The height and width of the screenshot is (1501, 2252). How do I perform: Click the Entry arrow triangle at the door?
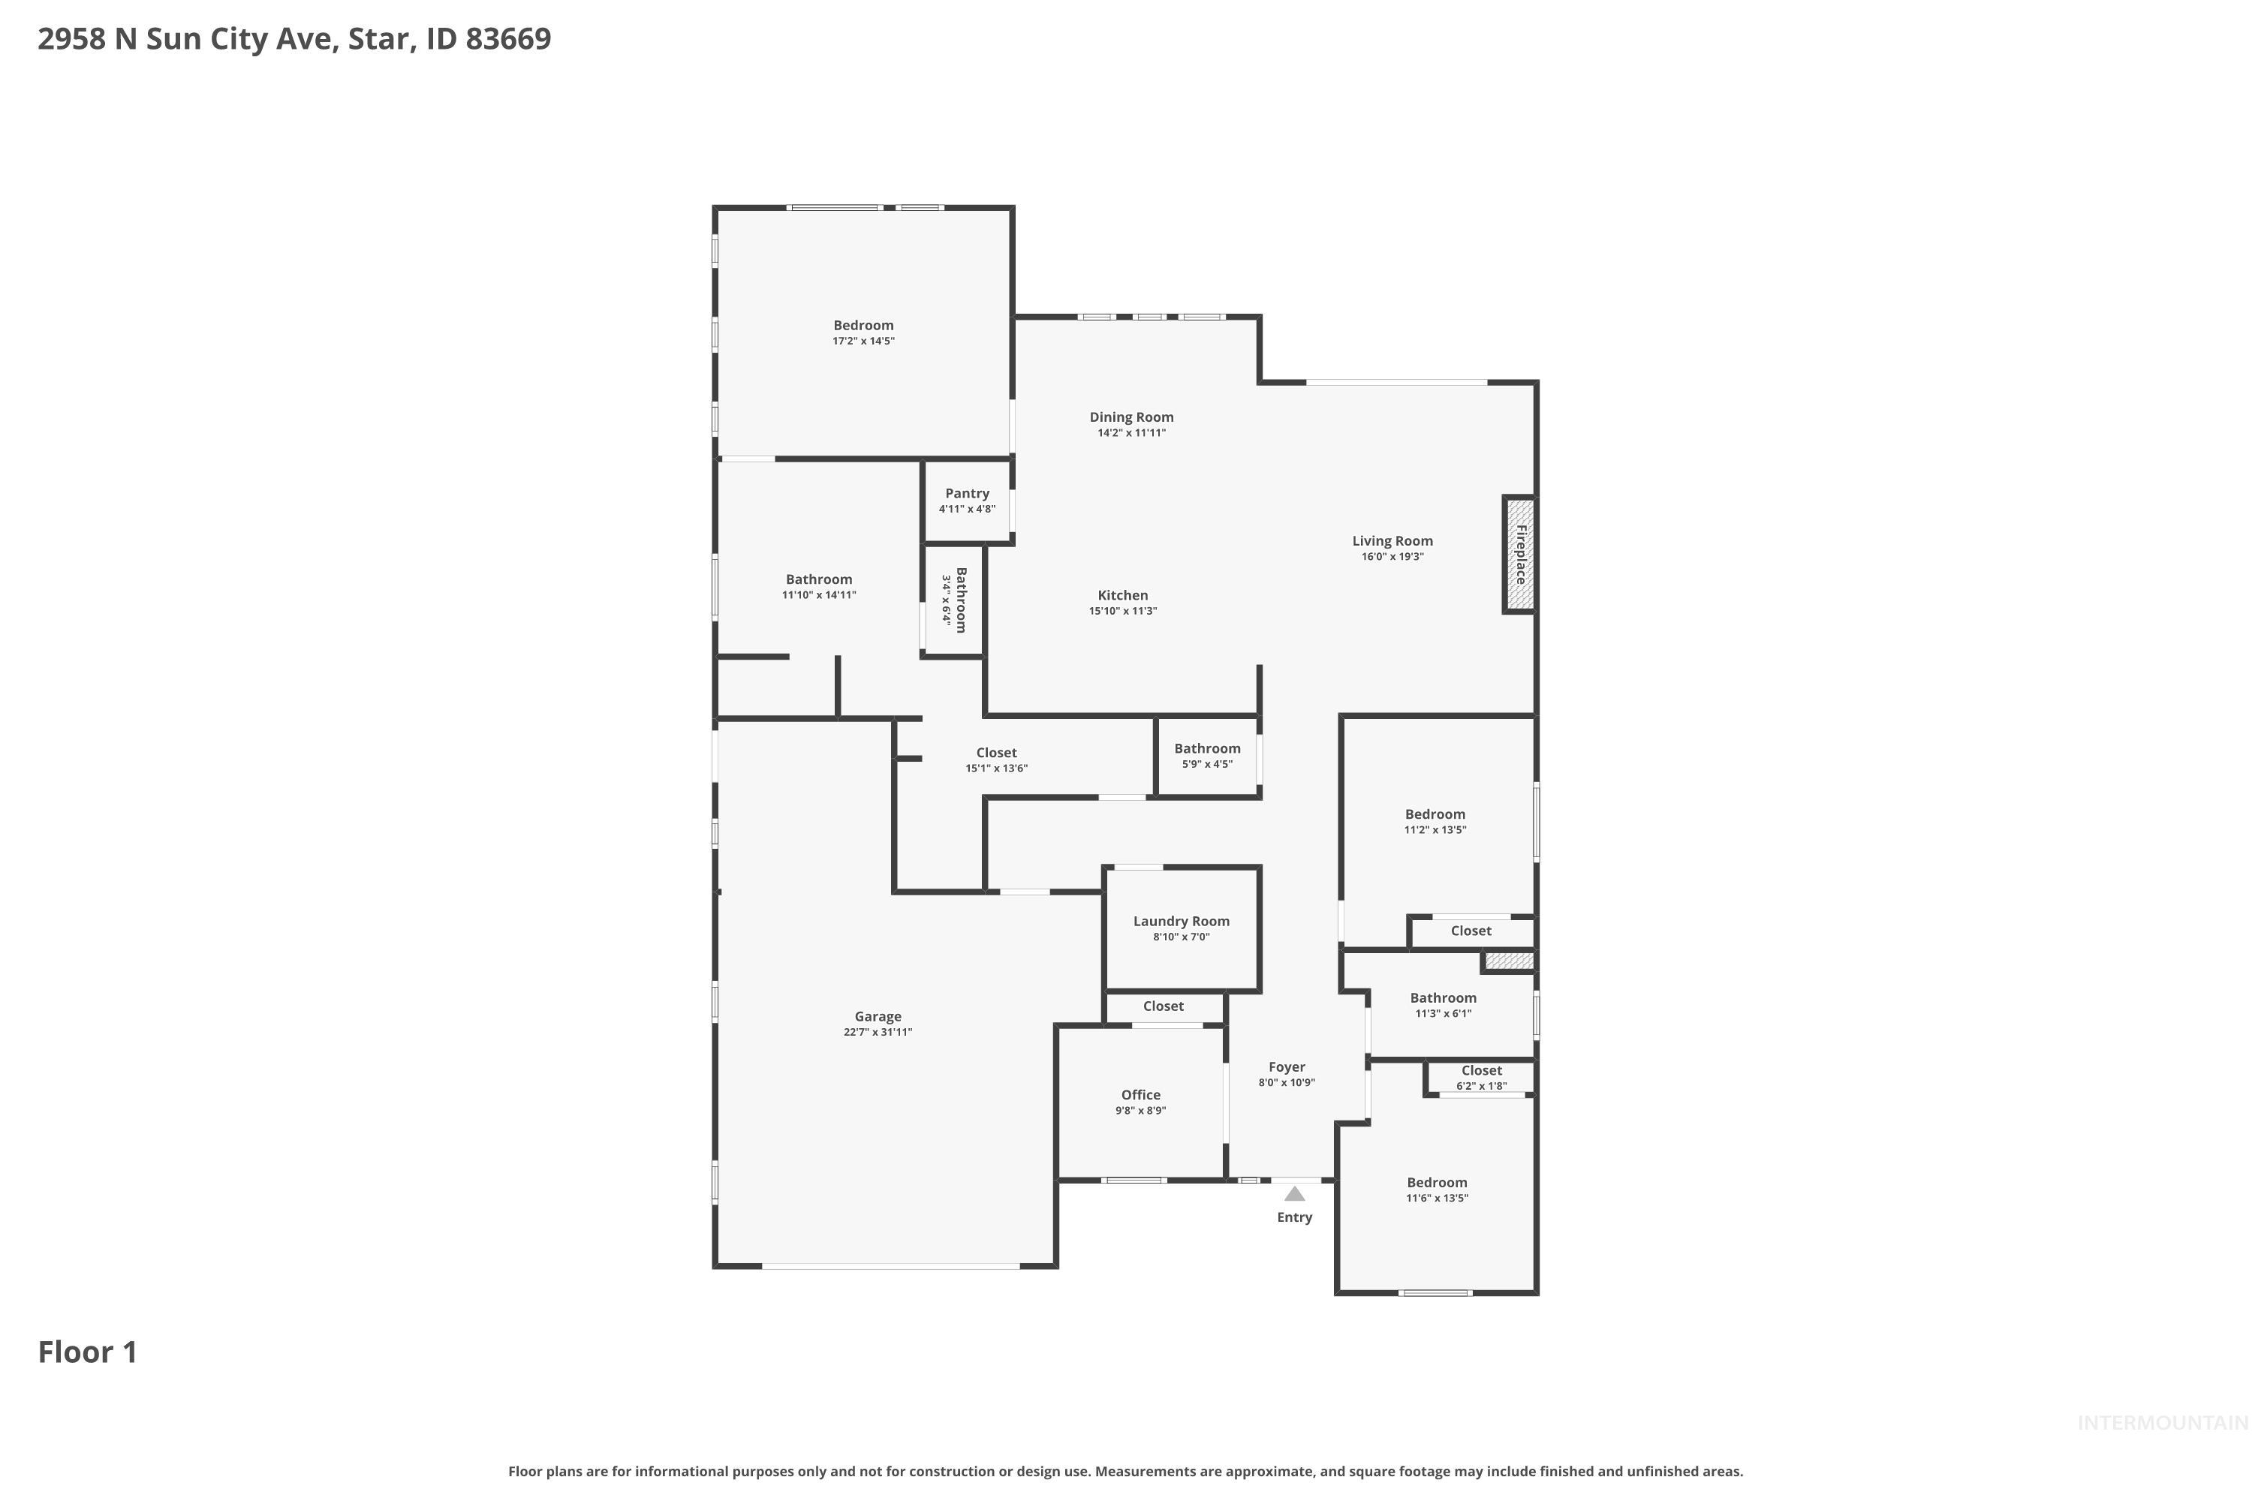tap(1294, 1194)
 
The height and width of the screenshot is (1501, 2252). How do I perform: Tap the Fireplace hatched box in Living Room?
tap(1519, 555)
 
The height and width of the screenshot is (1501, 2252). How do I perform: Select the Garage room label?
tap(878, 1017)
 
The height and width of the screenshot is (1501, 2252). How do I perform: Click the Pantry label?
tap(967, 493)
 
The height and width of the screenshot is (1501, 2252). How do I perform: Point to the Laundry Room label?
tap(1181, 921)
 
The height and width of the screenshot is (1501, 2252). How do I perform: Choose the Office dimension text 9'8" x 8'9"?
tap(1140, 1111)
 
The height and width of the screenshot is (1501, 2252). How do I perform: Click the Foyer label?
tap(1287, 1066)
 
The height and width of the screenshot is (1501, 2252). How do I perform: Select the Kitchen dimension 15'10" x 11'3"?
tap(1122, 611)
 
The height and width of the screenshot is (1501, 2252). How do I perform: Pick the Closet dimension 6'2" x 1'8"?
tap(1481, 1085)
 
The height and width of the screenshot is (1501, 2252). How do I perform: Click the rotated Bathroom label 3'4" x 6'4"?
tap(960, 600)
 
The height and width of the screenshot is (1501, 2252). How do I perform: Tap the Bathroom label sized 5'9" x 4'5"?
tap(1206, 748)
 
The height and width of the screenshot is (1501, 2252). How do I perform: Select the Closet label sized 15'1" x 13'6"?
tap(996, 753)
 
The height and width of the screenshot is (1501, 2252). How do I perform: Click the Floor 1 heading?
tap(87, 1352)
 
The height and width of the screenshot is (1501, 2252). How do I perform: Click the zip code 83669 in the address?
tap(507, 38)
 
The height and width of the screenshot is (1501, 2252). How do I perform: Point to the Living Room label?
tap(1392, 541)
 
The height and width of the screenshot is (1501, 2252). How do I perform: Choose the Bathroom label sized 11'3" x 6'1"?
tap(1442, 997)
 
